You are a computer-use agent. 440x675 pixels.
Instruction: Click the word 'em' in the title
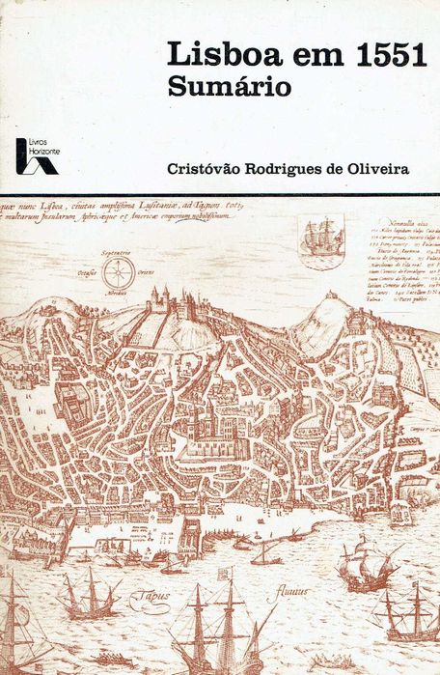301,55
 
